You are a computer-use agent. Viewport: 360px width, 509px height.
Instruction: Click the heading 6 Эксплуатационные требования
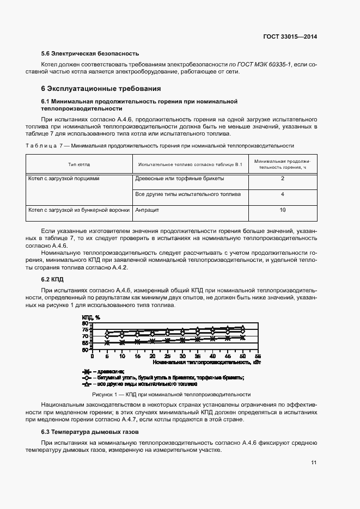[x=101, y=88]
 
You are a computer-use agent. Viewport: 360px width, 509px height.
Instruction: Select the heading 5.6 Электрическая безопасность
[x=90, y=53]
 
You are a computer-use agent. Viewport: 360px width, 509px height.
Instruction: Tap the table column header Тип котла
[x=79, y=164]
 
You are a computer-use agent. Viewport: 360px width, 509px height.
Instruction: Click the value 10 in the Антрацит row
[x=283, y=210]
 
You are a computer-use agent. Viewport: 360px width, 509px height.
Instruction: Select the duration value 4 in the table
[x=283, y=194]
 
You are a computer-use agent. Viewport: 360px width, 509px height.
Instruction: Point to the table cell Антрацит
[x=147, y=210]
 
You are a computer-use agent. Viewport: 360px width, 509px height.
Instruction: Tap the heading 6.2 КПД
[x=53, y=279]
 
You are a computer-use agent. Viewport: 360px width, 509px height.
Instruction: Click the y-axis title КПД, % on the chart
[x=90, y=317]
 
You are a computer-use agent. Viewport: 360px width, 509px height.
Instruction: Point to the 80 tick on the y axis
[x=85, y=323]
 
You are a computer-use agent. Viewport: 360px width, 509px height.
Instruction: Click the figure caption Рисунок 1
[x=172, y=394]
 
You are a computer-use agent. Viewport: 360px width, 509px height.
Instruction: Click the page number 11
[x=314, y=463]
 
